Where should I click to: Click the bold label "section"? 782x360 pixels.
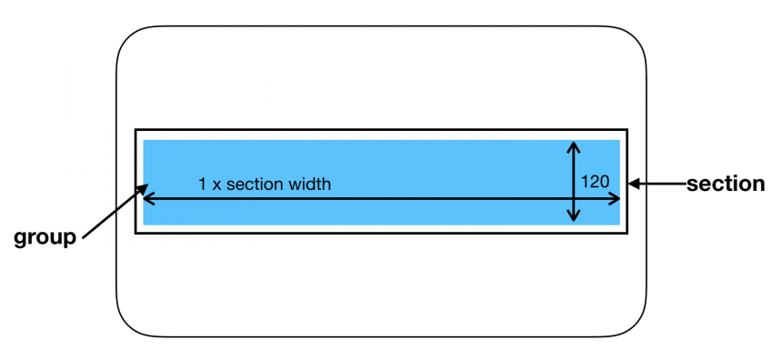coord(726,184)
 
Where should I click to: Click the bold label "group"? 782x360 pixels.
coord(45,239)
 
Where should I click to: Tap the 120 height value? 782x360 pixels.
coord(595,181)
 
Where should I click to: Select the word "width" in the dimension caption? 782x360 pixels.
coord(309,184)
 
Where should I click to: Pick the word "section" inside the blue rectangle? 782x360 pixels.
coord(256,184)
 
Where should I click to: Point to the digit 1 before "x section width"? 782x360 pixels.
coord(202,184)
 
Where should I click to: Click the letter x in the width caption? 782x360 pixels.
coord(216,185)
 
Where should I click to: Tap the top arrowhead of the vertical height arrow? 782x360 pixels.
coord(573,145)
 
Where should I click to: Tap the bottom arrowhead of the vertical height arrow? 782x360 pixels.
coord(573,218)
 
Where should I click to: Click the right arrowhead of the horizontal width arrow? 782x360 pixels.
coord(617,197)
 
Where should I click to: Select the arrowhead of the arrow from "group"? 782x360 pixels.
coord(144,188)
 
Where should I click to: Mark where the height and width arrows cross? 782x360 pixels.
coord(573,197)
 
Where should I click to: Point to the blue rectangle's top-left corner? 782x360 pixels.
coord(144,140)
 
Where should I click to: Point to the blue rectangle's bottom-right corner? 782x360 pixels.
coord(620,225)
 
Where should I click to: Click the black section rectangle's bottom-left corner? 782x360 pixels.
coord(135,233)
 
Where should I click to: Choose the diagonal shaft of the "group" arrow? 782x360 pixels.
coord(111,215)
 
